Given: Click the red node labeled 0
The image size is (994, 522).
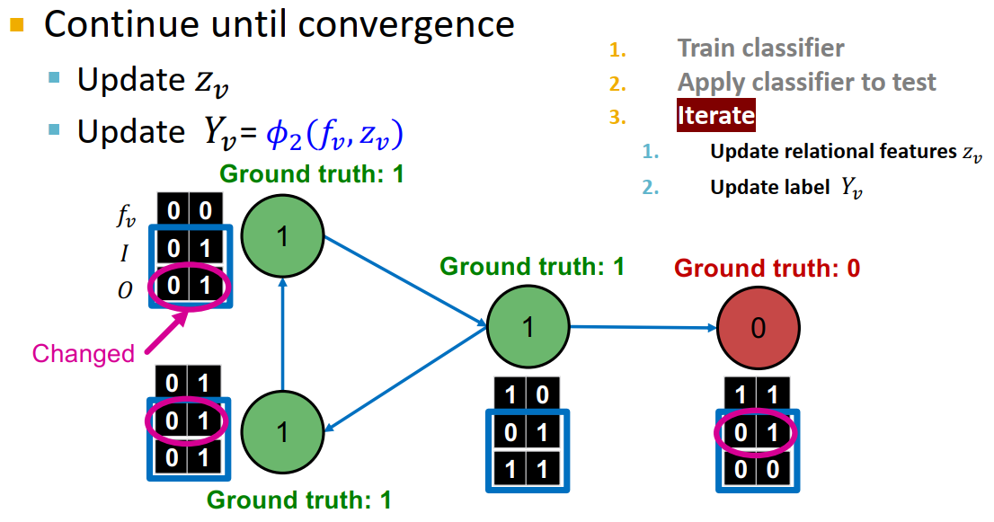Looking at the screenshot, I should pyautogui.click(x=758, y=328).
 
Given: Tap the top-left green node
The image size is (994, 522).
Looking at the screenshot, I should pyautogui.click(x=282, y=237).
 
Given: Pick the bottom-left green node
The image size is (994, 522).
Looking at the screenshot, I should pyautogui.click(x=282, y=433).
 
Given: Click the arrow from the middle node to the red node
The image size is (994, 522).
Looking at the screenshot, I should pyautogui.click(x=643, y=327).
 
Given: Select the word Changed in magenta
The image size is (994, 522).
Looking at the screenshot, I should pyautogui.click(x=83, y=354).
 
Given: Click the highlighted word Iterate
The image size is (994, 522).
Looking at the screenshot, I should pyautogui.click(x=715, y=116).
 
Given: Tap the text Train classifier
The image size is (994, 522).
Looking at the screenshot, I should pyautogui.click(x=760, y=48).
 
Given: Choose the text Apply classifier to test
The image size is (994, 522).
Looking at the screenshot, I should pyautogui.click(x=806, y=82).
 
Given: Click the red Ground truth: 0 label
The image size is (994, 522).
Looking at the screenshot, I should pyautogui.click(x=767, y=268).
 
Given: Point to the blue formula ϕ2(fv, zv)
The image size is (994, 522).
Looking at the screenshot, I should pyautogui.click(x=333, y=133).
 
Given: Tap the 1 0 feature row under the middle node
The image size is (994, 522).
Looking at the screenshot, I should pyautogui.click(x=528, y=394).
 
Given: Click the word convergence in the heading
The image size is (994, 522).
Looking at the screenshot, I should pyautogui.click(x=407, y=24).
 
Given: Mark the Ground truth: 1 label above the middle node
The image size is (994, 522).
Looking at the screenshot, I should pyautogui.click(x=531, y=267).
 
